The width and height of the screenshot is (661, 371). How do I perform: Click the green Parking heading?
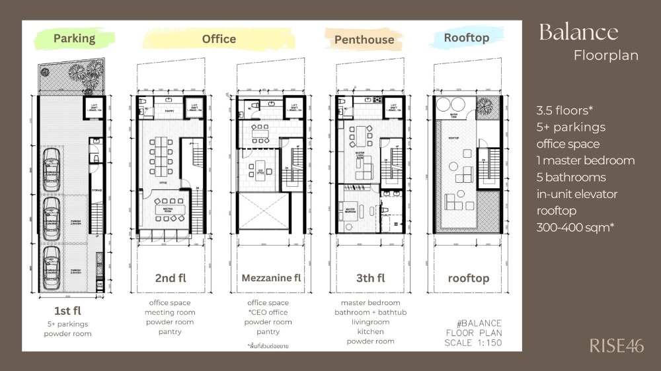click(x=74, y=38)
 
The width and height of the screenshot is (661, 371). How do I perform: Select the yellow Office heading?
click(x=219, y=39)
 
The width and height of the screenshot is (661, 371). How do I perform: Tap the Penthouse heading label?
click(x=364, y=40)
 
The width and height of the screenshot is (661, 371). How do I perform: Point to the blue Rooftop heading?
click(x=466, y=38)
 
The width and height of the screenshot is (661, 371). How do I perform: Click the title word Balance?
click(x=578, y=32)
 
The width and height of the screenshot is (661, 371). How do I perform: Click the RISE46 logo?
click(x=616, y=345)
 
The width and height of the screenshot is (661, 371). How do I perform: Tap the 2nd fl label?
click(x=170, y=278)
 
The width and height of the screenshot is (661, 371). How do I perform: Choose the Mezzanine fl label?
click(x=270, y=278)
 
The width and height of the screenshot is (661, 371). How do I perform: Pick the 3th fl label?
click(x=370, y=278)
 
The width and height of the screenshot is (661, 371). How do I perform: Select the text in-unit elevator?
click(x=576, y=194)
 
